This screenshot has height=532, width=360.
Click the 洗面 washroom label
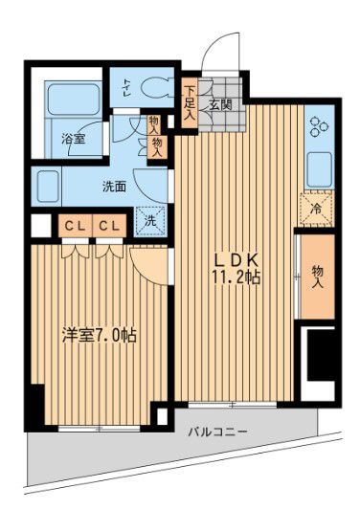114,187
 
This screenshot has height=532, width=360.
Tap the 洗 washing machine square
149,219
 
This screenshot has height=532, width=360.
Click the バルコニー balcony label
216,432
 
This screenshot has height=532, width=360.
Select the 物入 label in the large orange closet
317,277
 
